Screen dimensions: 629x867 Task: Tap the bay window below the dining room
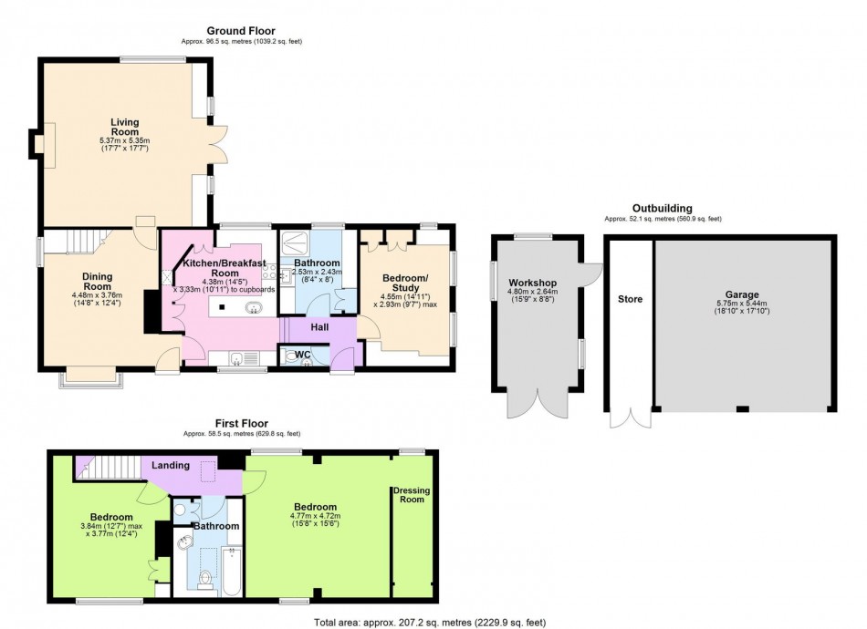point(89,375)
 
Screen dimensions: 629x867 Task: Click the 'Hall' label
point(319,326)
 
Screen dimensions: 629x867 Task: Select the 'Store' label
point(631,299)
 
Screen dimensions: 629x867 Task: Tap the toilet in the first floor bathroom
point(206,581)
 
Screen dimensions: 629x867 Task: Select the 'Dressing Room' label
point(410,495)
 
